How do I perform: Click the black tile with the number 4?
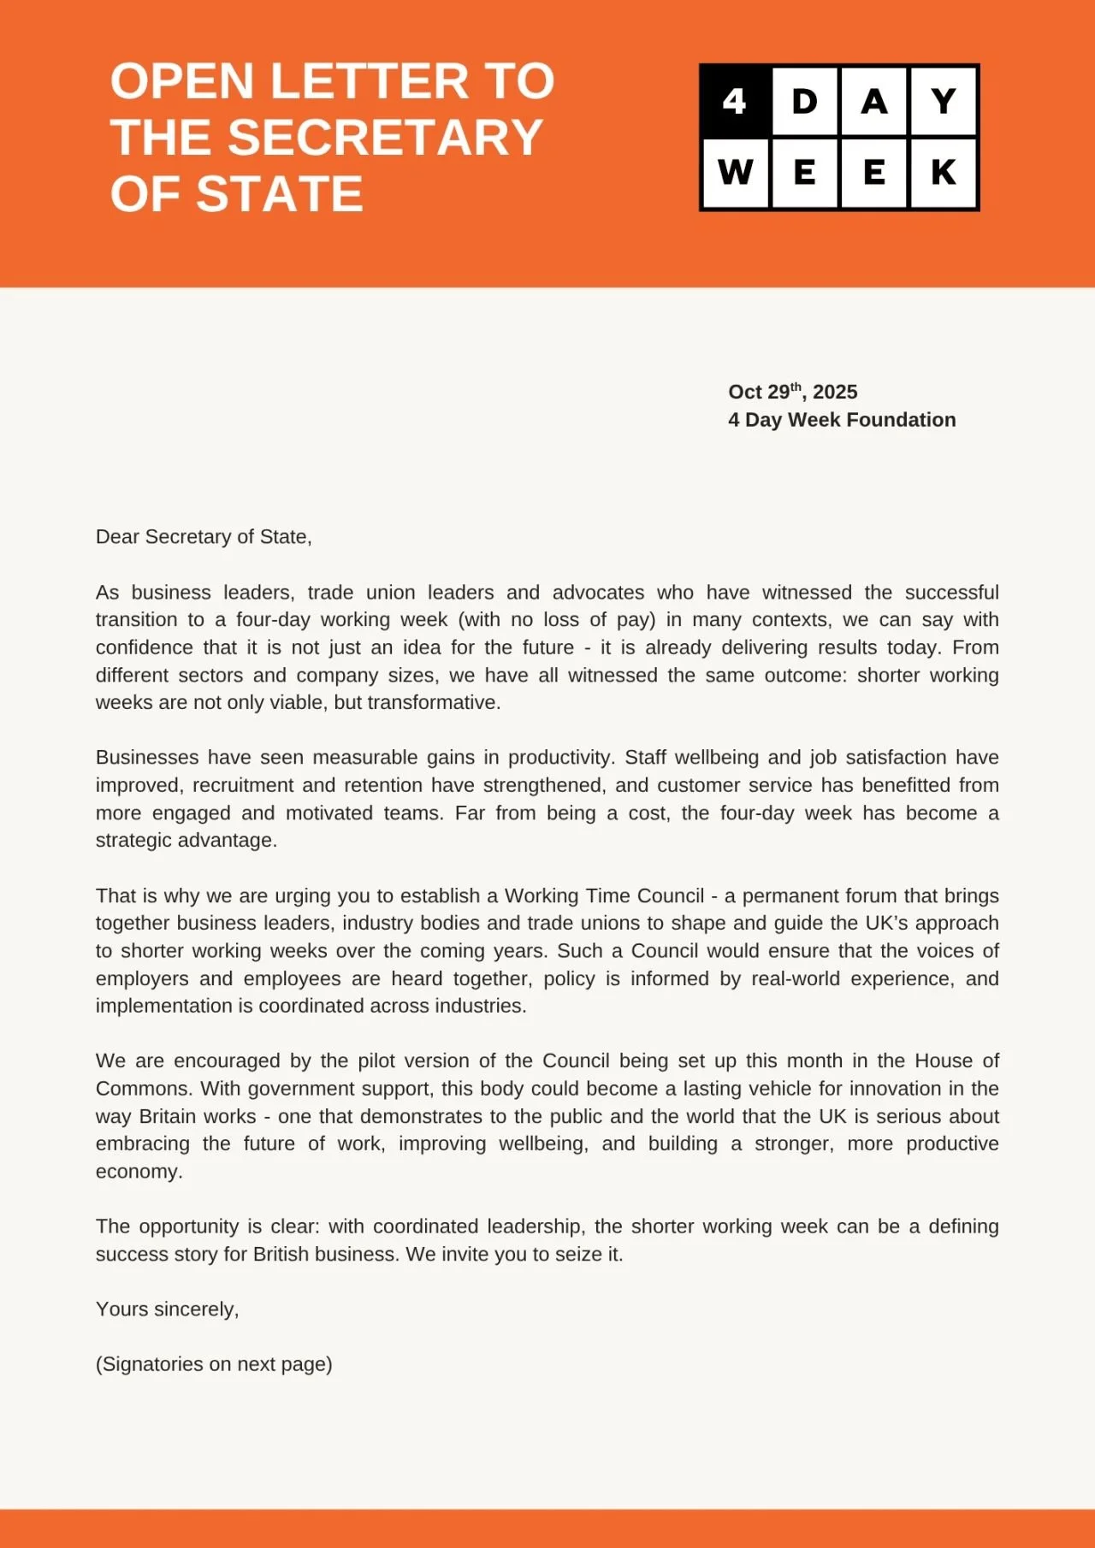735,102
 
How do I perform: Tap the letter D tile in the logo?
805,102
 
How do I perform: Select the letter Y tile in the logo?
944,102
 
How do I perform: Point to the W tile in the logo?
735,173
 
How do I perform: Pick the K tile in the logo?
944,173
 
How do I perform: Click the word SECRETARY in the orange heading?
385,138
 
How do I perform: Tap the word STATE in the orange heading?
280,194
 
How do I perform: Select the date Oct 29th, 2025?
792,392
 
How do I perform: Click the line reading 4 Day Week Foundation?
842,420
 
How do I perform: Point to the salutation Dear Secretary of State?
204,537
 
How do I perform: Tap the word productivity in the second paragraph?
560,758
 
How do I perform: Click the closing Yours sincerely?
167,1309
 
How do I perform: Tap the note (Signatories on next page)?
214,1364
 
